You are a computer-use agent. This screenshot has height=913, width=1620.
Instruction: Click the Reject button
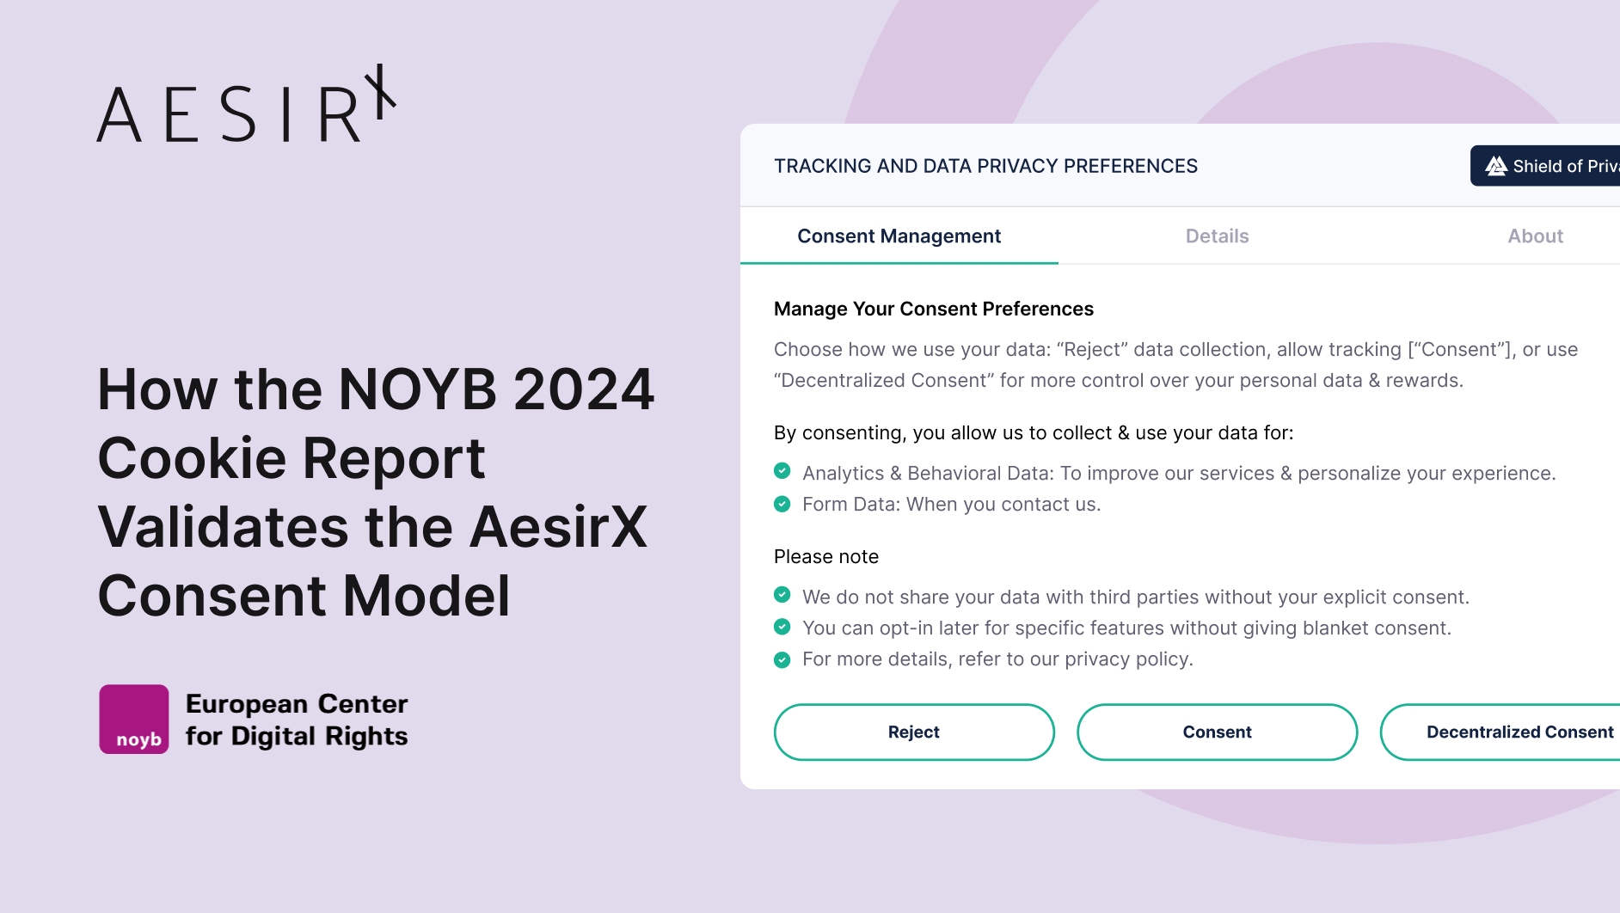914,732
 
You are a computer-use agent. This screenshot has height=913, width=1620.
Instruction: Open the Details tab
1217,236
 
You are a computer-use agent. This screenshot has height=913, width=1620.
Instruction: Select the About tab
1535,236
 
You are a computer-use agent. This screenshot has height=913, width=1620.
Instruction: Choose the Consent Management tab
899,236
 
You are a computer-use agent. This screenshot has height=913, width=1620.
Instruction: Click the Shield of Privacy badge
1546,166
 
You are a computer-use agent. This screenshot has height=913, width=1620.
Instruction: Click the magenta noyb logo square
134,719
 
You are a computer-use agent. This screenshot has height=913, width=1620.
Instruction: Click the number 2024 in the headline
584,389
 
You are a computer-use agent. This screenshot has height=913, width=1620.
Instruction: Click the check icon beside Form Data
782,504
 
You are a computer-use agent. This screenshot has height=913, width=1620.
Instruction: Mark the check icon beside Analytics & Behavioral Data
782,471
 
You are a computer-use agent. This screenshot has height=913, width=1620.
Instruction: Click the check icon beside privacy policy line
782,659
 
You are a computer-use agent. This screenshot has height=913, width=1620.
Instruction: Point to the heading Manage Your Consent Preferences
934,309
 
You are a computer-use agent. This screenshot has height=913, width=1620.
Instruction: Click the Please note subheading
826,556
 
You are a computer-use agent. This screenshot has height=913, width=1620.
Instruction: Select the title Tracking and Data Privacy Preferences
985,166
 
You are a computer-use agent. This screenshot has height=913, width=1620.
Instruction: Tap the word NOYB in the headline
418,389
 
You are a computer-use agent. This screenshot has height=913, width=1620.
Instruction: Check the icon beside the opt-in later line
782,627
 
